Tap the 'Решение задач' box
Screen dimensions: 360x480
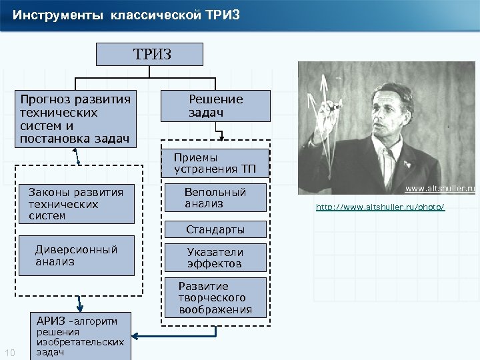(x=215, y=105)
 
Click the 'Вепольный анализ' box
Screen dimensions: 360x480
(x=215, y=198)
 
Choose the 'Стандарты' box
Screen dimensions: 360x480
(x=215, y=230)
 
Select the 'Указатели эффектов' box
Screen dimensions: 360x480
(x=215, y=258)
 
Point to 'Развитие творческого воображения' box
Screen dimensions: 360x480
(x=215, y=297)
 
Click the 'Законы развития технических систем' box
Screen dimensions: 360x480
(x=79, y=203)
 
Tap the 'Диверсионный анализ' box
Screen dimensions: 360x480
(x=79, y=255)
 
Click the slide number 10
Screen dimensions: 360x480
(x=10, y=353)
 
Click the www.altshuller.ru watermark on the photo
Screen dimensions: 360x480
(x=441, y=189)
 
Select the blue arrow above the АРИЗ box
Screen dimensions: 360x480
(x=79, y=303)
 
